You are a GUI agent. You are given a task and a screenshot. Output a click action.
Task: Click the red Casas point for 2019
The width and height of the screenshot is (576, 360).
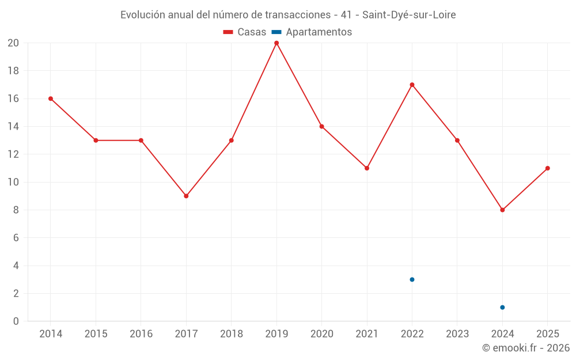(276, 43)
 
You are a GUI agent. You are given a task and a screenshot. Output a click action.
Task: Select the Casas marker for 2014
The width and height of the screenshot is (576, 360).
(51, 99)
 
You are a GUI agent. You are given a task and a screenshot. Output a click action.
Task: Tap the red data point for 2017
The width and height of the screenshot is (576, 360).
(186, 196)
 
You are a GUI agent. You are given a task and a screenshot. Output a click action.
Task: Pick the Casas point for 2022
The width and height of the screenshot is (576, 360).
(412, 85)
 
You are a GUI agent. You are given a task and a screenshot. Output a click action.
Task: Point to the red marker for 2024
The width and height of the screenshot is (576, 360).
(502, 210)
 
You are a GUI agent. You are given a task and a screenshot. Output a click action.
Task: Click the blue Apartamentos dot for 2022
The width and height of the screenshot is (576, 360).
(412, 279)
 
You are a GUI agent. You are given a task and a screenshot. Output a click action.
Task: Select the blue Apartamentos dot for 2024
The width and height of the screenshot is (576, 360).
(502, 308)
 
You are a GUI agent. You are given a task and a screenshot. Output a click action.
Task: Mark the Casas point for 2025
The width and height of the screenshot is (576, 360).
(548, 168)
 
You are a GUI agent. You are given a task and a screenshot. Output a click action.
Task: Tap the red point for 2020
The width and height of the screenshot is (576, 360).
(322, 127)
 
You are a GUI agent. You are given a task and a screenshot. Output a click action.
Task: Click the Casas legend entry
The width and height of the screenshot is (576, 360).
(245, 32)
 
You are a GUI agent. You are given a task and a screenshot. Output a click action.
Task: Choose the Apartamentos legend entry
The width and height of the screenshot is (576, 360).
(312, 32)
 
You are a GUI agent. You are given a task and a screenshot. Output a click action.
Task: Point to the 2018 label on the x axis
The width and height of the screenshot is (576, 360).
(232, 334)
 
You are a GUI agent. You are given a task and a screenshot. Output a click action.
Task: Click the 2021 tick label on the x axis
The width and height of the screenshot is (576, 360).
(367, 334)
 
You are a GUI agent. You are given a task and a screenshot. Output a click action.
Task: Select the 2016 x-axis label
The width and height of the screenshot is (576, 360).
(141, 334)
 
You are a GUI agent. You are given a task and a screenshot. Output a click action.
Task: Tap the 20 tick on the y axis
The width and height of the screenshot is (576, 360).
(13, 43)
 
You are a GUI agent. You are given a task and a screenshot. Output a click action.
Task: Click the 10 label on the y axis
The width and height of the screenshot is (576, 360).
(13, 182)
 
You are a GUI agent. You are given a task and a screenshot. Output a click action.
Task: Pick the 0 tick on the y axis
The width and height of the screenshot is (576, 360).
(16, 321)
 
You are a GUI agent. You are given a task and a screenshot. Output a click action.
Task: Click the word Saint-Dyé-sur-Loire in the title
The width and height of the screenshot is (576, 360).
(409, 15)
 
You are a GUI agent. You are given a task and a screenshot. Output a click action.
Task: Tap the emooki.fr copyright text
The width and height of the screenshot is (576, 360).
(526, 348)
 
